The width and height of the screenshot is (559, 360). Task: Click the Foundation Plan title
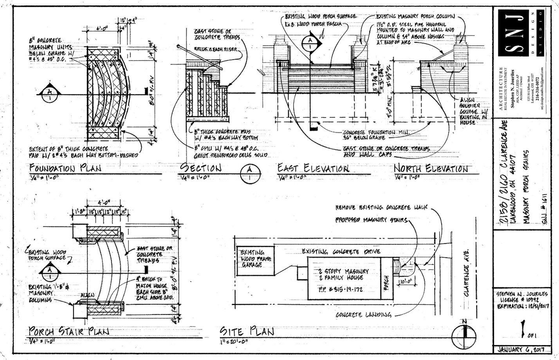pyautogui.click(x=65, y=168)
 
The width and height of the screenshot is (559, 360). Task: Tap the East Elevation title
pyautogui.click(x=313, y=168)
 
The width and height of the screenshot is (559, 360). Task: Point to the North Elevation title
pyautogui.click(x=431, y=168)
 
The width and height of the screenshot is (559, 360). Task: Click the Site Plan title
pyautogui.click(x=247, y=331)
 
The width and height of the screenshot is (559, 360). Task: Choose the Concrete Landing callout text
pyautogui.click(x=363, y=315)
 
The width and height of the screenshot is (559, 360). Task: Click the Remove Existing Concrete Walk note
pyautogui.click(x=381, y=207)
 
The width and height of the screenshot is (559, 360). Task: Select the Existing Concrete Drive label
pyautogui.click(x=341, y=251)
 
